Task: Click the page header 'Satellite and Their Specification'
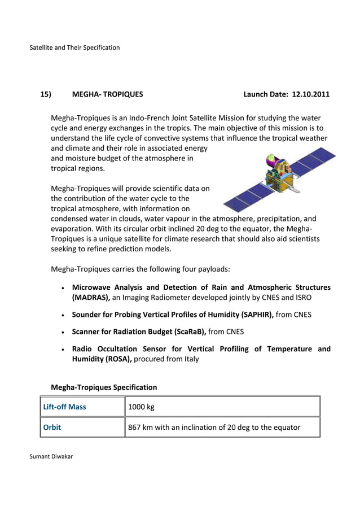tap(74, 47)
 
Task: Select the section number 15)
tap(46, 94)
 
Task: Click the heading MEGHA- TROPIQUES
tap(107, 94)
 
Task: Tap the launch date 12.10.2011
tap(310, 94)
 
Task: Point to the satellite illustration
tap(279, 178)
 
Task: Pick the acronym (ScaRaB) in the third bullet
tap(189, 331)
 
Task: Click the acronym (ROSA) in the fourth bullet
tap(113, 359)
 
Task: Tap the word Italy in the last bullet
tap(188, 359)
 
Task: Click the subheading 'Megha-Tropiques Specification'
tap(104, 387)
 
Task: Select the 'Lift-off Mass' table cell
tap(65, 407)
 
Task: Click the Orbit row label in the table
tap(52, 427)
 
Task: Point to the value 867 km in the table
tap(141, 427)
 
